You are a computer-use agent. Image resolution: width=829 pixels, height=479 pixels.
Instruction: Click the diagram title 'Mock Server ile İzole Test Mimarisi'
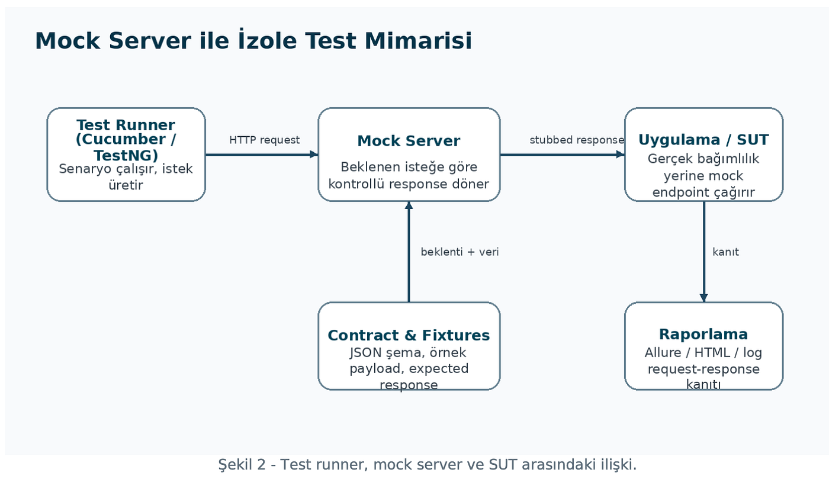coord(253,40)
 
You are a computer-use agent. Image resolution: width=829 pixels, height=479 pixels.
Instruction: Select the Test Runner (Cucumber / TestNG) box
coord(126,155)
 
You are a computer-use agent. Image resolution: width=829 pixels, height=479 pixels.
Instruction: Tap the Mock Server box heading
coord(409,141)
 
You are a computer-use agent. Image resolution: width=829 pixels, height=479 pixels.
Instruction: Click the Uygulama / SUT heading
coord(703,140)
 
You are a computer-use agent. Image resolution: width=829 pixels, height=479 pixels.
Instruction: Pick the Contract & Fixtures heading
coord(409,335)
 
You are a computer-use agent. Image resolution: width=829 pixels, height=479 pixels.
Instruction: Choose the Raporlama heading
coord(703,334)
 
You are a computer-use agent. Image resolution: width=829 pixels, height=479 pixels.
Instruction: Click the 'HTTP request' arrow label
coord(264,140)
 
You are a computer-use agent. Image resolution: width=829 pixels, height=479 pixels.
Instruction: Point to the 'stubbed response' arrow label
coord(577,140)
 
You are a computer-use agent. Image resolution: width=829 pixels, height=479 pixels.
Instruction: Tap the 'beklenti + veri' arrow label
coord(460,252)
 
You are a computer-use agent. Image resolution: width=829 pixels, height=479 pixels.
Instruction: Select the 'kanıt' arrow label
coord(725,252)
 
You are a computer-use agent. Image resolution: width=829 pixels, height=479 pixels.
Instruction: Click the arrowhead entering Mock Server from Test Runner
coord(314,155)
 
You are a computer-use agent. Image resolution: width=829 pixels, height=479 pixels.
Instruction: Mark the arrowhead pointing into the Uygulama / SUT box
coord(621,155)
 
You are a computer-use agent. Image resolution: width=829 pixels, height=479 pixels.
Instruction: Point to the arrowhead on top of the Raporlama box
coord(703,298)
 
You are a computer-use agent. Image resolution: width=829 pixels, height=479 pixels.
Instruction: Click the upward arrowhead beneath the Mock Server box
coord(409,206)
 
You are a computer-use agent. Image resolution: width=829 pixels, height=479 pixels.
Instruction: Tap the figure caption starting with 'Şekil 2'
coord(427,465)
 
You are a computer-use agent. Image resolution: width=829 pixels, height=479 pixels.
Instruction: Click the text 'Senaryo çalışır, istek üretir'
coord(126,176)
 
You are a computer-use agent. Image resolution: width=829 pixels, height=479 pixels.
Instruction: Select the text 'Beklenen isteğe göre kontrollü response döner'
coord(409,175)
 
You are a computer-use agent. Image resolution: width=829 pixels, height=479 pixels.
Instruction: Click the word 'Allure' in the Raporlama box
coord(663,352)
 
